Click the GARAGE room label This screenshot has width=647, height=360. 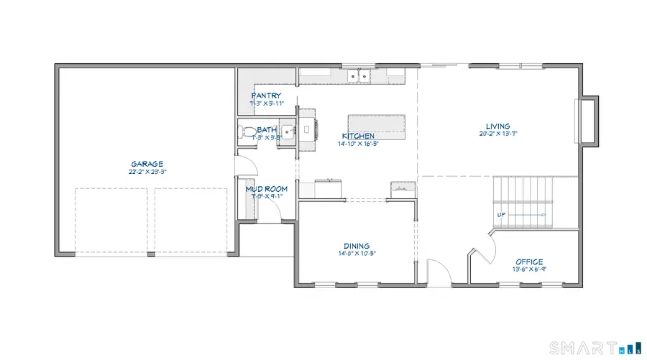[x=147, y=164]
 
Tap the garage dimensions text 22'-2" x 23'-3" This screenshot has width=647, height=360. [x=147, y=172]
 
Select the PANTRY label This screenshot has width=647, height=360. [x=266, y=96]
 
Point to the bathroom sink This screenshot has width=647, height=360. [x=288, y=131]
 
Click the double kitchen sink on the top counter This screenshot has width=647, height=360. [x=357, y=75]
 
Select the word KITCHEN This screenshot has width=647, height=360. [x=359, y=136]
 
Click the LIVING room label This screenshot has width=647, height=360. [x=497, y=126]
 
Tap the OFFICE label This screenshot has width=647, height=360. [x=529, y=262]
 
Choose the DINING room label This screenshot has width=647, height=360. [x=356, y=245]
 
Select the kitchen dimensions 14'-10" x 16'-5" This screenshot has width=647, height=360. [x=359, y=144]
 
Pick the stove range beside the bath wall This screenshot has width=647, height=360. [x=307, y=129]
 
